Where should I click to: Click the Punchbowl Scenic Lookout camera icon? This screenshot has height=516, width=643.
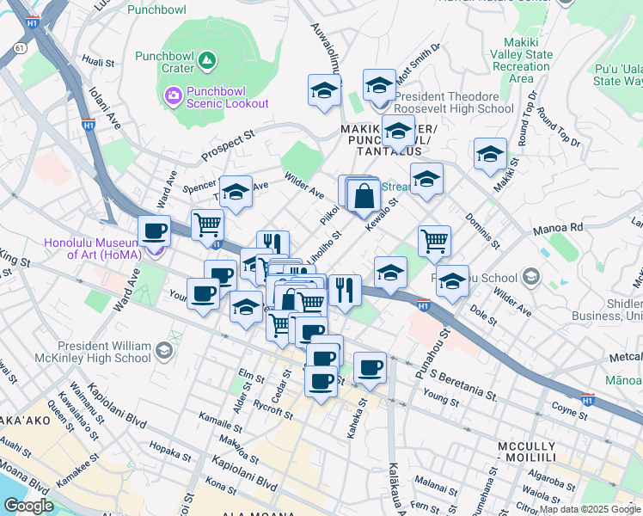tap(173, 94)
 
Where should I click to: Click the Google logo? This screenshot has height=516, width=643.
tap(28, 505)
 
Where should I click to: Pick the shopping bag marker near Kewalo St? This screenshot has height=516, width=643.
tap(364, 194)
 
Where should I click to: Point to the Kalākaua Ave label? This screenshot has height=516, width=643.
tap(395, 486)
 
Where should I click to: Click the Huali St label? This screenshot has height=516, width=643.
tap(98, 62)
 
